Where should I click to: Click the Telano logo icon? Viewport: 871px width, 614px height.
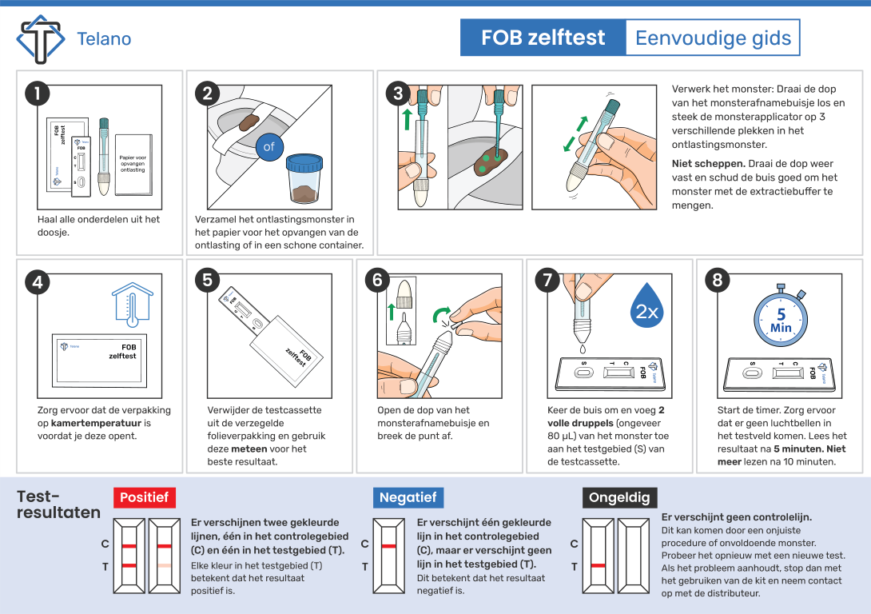(x=40, y=38)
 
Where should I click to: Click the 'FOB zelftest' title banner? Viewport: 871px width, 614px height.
(x=543, y=38)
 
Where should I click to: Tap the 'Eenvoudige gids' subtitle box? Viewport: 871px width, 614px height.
(x=712, y=38)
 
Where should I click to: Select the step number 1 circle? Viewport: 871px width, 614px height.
(x=37, y=94)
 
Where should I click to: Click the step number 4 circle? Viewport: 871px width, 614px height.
(x=37, y=281)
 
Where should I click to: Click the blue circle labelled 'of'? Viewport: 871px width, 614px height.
(x=269, y=146)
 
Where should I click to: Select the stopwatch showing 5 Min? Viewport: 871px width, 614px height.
(x=781, y=317)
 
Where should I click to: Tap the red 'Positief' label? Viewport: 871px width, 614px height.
(x=144, y=497)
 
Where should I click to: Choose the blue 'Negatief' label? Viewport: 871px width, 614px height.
(x=408, y=497)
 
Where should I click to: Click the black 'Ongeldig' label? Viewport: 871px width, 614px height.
(x=619, y=497)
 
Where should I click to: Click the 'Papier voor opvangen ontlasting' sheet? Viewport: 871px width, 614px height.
(x=133, y=163)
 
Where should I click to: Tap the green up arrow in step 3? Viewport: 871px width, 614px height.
(x=408, y=119)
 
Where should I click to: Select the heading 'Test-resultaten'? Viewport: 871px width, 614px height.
(x=58, y=504)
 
